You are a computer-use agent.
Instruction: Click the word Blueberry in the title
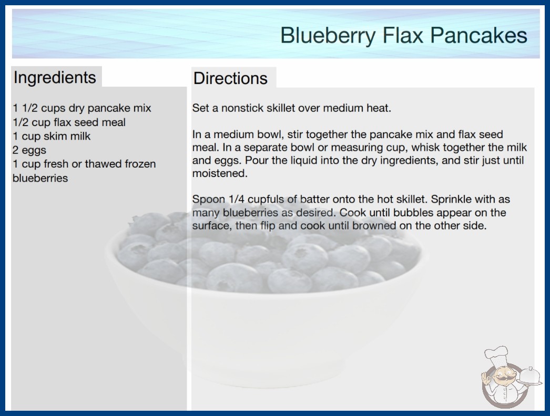pos(328,35)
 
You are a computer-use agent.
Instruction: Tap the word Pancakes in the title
pos(479,35)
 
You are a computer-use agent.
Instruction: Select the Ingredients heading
pos(55,78)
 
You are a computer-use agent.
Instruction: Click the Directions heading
pos(230,78)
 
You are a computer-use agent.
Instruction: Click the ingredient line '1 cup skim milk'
pos(52,136)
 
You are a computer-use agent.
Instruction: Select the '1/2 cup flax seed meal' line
pos(69,122)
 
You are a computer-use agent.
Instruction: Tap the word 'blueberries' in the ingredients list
pos(40,178)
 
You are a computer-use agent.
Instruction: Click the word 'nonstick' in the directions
pos(242,108)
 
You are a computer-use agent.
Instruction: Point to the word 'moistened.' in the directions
pos(220,173)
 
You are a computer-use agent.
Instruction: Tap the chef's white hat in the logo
pos(496,356)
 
